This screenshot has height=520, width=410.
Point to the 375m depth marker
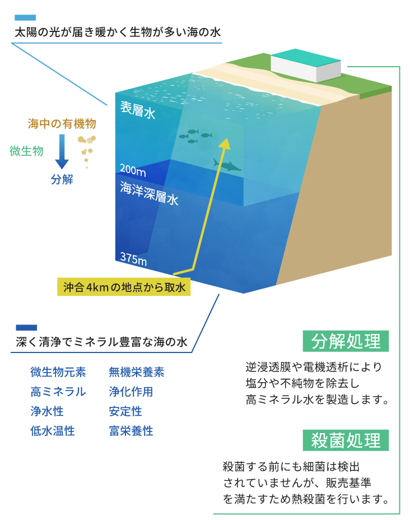(133, 259)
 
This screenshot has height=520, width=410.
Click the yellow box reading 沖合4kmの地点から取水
(124, 287)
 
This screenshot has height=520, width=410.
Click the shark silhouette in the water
(227, 165)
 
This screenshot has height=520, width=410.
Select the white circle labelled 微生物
(26, 150)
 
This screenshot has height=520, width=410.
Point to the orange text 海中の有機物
(62, 123)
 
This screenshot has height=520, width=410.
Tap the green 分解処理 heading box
(346, 341)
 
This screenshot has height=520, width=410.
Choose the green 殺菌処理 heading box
(346, 440)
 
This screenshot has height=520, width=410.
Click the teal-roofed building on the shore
(306, 66)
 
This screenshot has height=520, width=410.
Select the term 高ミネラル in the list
(58, 392)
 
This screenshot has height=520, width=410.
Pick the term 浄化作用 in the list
(131, 392)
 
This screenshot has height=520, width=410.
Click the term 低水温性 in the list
(53, 431)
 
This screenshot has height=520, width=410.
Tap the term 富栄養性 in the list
(131, 431)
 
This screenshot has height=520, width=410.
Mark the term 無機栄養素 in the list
(137, 372)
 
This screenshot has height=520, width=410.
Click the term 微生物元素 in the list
(58, 372)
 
